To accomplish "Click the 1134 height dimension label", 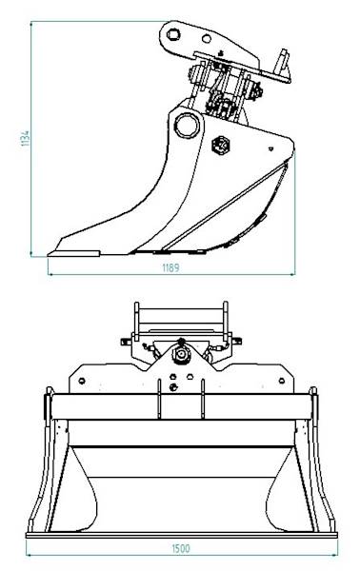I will coord(26,139).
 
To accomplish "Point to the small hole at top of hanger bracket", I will coord(175,35).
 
